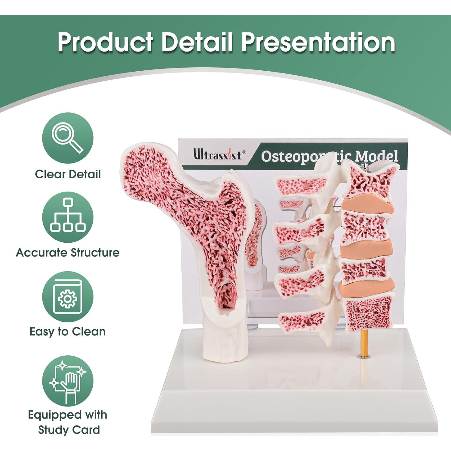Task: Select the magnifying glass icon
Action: pos(68,138)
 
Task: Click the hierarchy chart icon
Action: pos(68,217)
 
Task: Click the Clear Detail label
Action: pos(68,174)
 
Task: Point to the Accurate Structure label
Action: pos(68,253)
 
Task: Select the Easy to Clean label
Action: pos(68,332)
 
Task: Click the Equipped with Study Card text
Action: pos(68,422)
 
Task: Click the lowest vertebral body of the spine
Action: pos(369,314)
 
